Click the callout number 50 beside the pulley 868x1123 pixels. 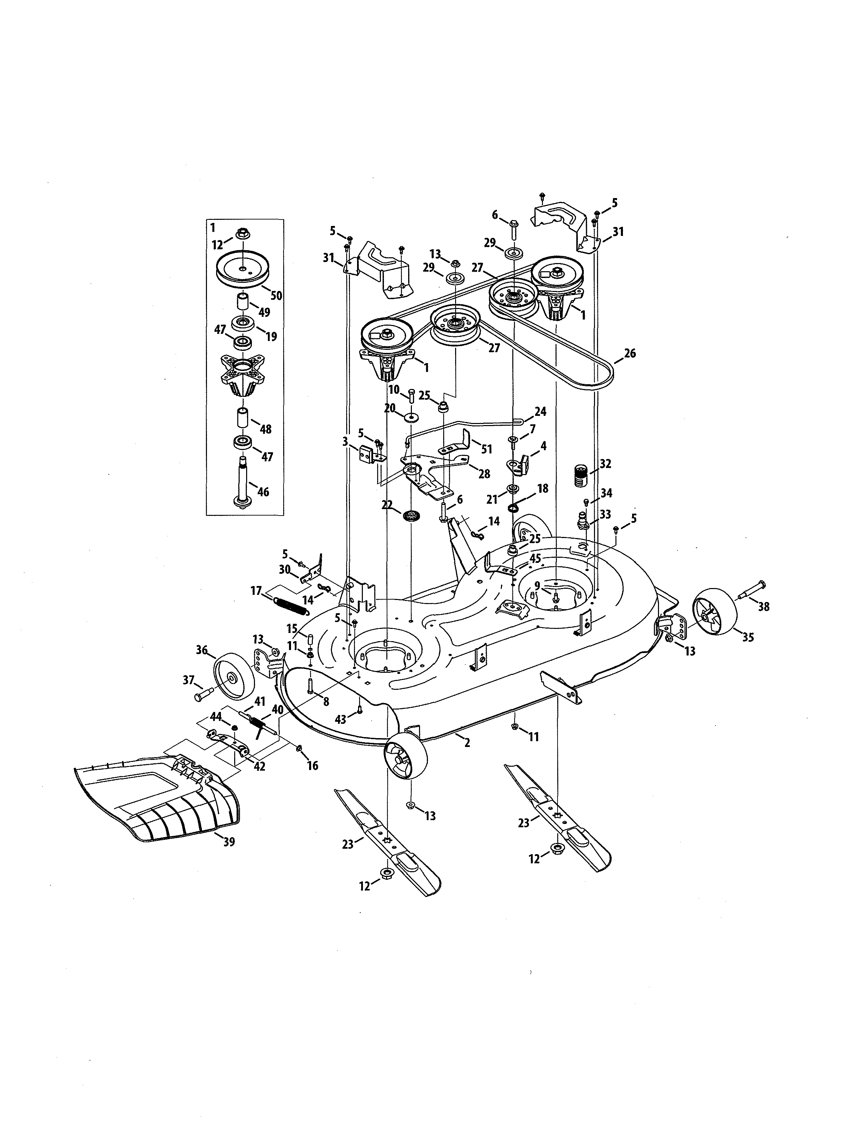pyautogui.click(x=276, y=296)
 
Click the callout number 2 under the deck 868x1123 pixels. pyautogui.click(x=467, y=743)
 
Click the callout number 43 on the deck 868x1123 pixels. pyautogui.click(x=340, y=720)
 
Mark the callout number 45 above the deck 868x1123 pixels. pyautogui.click(x=535, y=558)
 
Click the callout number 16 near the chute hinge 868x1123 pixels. pyautogui.click(x=312, y=766)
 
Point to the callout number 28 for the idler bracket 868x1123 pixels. pyautogui.click(x=484, y=474)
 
